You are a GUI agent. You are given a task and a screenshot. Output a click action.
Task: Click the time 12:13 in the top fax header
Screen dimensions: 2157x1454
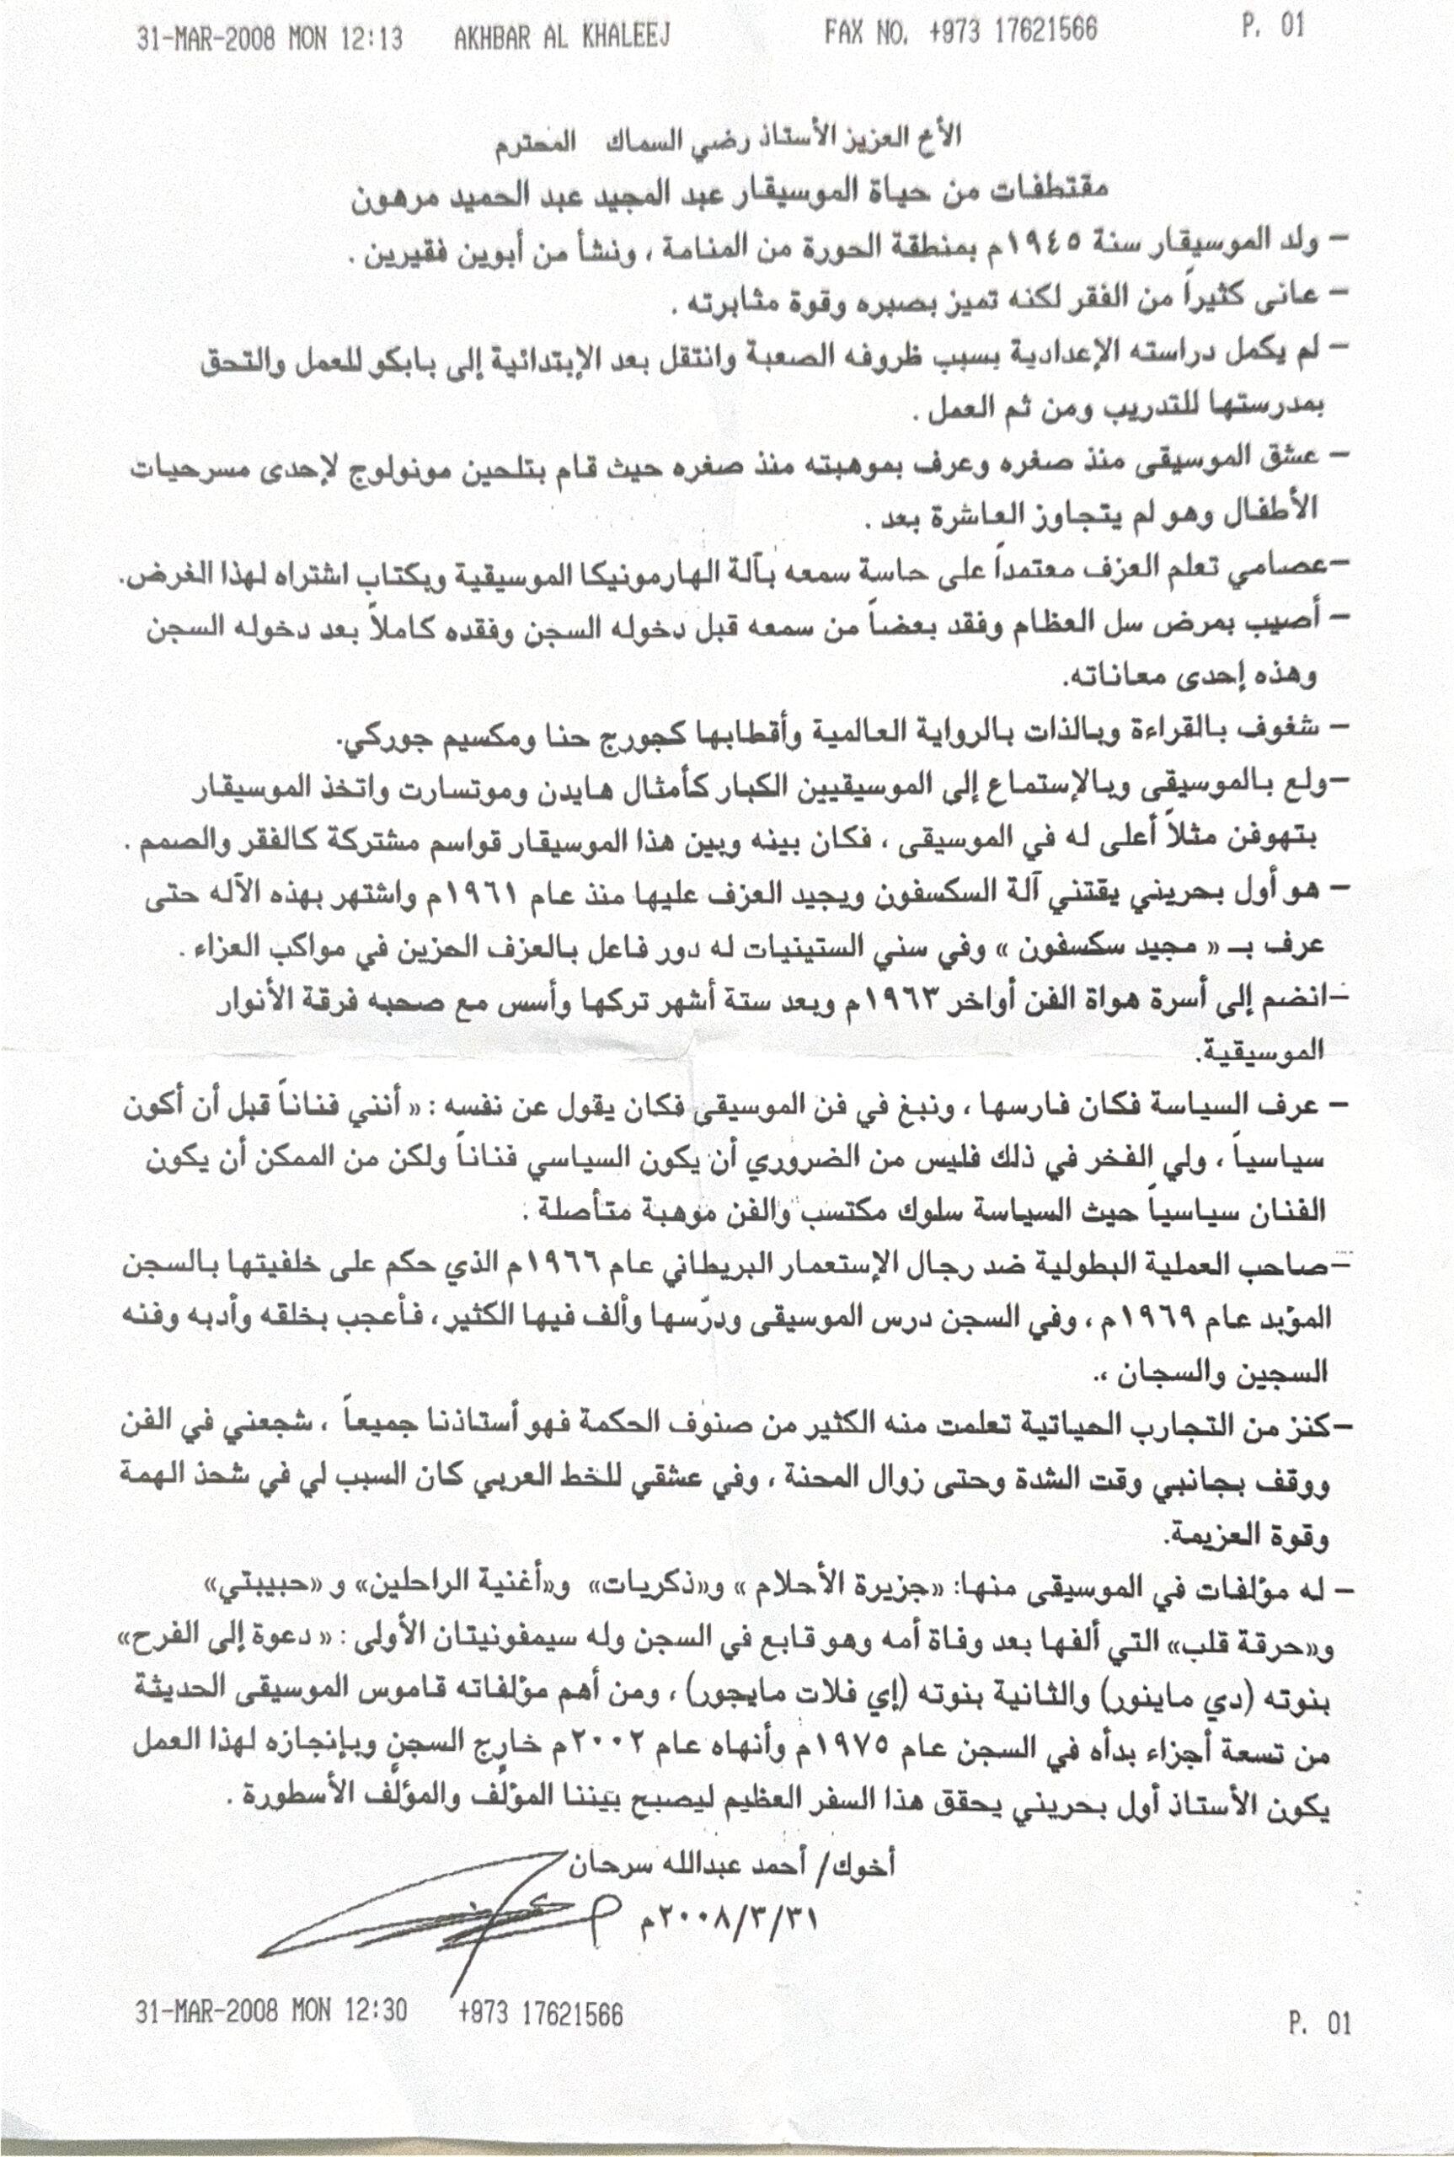coord(371,38)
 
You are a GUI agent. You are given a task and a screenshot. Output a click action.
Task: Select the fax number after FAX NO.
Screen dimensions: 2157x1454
coord(1013,31)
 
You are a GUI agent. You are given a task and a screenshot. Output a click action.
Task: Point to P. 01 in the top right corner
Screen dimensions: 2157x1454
coord(1273,26)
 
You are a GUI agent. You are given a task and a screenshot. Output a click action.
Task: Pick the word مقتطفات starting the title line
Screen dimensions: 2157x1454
coord(1033,190)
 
